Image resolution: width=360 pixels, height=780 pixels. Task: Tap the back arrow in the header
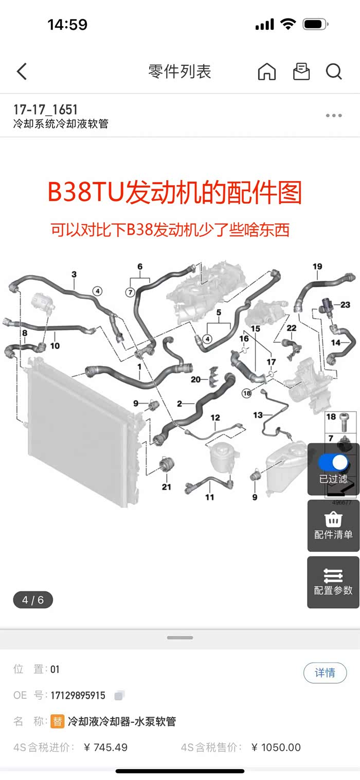pyautogui.click(x=22, y=71)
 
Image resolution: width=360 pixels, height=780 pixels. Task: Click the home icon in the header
pyautogui.click(x=266, y=71)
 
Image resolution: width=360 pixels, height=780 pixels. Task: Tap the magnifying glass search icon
pyautogui.click(x=334, y=71)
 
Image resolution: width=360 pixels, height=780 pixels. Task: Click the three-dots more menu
pyautogui.click(x=334, y=116)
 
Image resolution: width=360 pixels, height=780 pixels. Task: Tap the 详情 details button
pyautogui.click(x=325, y=673)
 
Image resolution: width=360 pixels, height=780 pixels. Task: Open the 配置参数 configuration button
pyautogui.click(x=333, y=582)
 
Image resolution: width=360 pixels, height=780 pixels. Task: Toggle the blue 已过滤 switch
pyautogui.click(x=333, y=462)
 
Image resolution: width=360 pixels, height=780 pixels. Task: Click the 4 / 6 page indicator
pyautogui.click(x=33, y=600)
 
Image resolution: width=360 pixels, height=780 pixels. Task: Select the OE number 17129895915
pyautogui.click(x=78, y=696)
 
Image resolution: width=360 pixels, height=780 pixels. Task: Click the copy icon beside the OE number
pyautogui.click(x=119, y=696)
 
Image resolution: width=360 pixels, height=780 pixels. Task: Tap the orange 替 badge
pyautogui.click(x=58, y=721)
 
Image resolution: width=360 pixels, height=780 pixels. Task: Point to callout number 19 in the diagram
pyautogui.click(x=317, y=266)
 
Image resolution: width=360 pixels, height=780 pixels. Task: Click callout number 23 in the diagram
pyautogui.click(x=345, y=305)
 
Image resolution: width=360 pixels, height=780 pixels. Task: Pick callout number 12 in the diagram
pyautogui.click(x=215, y=418)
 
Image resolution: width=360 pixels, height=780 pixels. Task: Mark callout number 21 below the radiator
pyautogui.click(x=166, y=487)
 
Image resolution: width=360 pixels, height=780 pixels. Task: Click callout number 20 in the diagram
pyautogui.click(x=195, y=379)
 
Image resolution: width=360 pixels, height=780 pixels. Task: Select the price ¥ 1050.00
pyautogui.click(x=276, y=747)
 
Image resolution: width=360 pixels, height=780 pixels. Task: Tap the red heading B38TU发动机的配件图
pyautogui.click(x=174, y=193)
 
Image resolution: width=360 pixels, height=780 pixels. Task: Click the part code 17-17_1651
pyautogui.click(x=45, y=110)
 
